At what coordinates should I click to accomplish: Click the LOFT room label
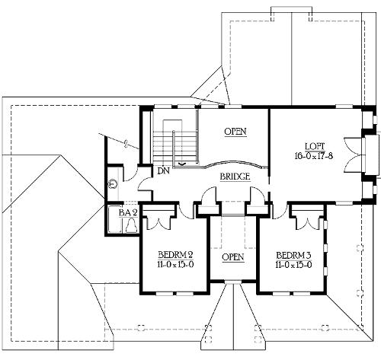pos(315,147)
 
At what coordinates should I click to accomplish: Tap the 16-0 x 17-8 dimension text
pos(314,155)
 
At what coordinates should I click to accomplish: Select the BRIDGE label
pos(235,177)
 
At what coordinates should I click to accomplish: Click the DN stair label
pos(163,171)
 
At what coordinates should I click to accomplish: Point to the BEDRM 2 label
pos(175,254)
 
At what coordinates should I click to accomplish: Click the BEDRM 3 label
pos(294,255)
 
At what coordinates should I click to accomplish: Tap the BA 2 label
pos(128,212)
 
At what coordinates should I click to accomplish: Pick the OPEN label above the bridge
pos(235,132)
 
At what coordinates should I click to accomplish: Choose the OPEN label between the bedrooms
pos(233,257)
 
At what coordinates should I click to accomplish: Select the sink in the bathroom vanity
pos(112,183)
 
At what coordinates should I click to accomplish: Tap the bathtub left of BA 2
pos(114,219)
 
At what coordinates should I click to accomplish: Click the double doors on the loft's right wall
pos(353,155)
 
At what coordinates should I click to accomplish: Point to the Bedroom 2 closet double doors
pos(158,223)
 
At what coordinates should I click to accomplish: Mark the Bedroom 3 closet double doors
pos(308,223)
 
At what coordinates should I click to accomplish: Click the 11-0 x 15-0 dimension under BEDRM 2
pos(175,264)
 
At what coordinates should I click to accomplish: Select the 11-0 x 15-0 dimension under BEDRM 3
pos(294,265)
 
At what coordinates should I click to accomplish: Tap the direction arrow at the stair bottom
pos(181,164)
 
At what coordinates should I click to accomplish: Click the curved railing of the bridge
pos(234,163)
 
